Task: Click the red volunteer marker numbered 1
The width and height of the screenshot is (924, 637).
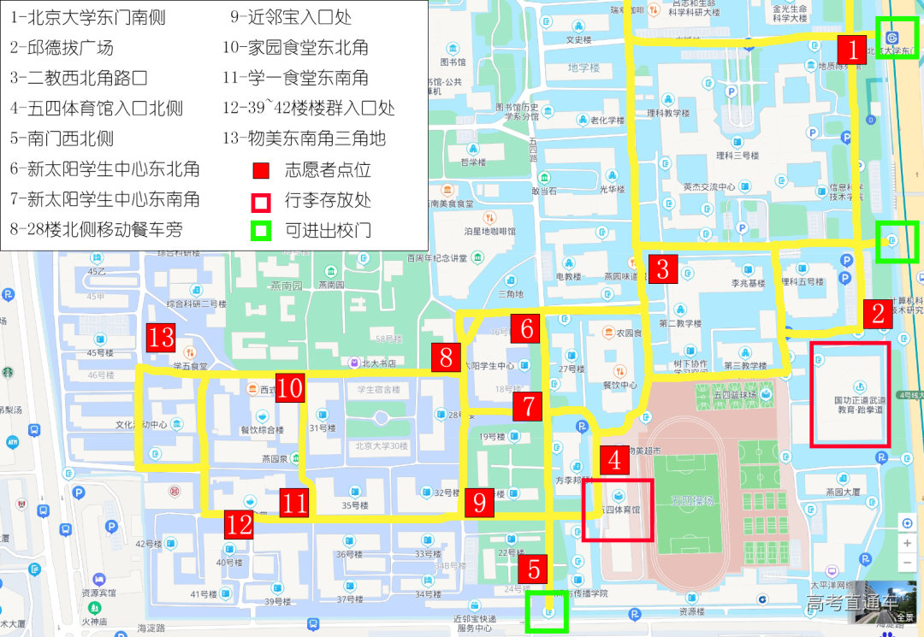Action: tap(852, 49)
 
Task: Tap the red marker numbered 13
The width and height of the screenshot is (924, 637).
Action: tap(161, 338)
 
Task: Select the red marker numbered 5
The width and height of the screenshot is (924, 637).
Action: tap(535, 569)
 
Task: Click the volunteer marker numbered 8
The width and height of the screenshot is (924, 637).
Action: tap(446, 357)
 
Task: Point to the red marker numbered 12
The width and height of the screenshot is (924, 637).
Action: tap(240, 523)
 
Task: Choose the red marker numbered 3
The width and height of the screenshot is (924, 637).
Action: tap(663, 269)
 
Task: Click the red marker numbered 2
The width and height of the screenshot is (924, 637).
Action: tap(877, 314)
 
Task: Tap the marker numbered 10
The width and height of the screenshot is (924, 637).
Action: tap(290, 388)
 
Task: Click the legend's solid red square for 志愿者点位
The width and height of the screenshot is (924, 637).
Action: tap(261, 169)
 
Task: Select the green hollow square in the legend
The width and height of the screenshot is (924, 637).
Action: tap(261, 230)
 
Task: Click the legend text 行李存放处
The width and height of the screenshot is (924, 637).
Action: tap(328, 200)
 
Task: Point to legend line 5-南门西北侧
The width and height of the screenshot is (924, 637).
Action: tap(62, 139)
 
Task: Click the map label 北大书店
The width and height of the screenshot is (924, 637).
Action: tap(378, 363)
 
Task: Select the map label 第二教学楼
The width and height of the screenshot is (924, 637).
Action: tap(680, 323)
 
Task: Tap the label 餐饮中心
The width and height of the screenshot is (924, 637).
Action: tap(620, 385)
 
